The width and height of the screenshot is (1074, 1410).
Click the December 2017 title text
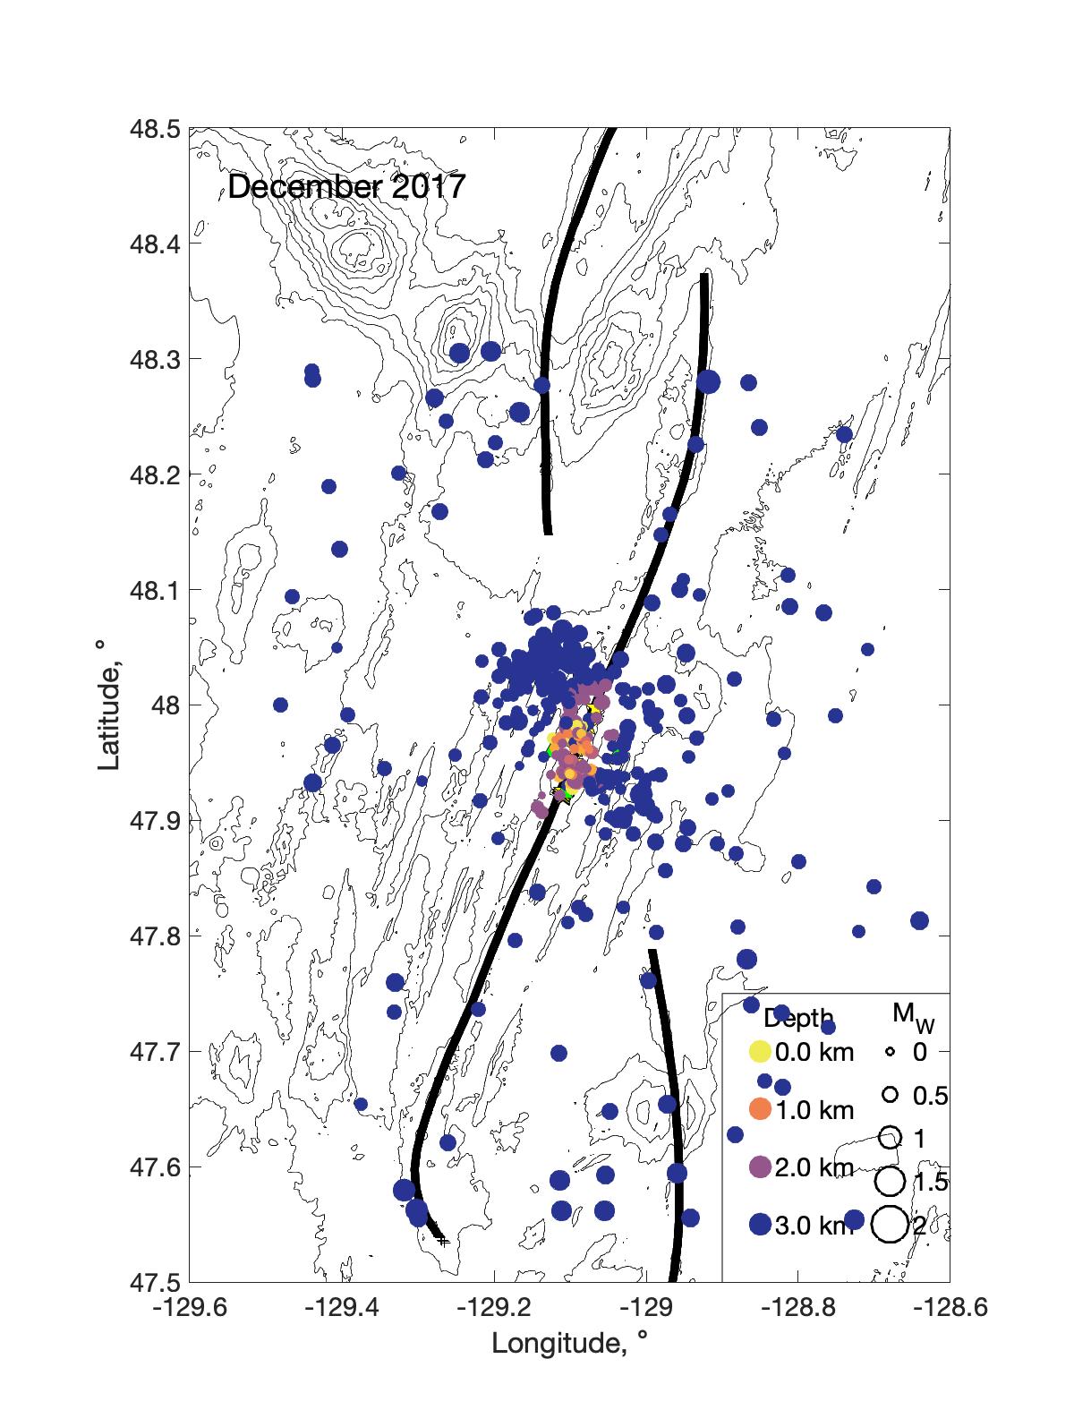[x=346, y=188]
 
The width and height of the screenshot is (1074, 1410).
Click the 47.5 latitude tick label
[x=157, y=1281]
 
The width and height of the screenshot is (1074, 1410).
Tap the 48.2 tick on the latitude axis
[x=157, y=474]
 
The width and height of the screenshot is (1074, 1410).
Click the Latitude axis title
[x=109, y=705]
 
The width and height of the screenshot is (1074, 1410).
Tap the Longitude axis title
[x=568, y=1343]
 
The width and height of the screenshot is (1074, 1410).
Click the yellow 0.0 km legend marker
[x=760, y=1052]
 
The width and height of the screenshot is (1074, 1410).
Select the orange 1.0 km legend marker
[x=760, y=1110]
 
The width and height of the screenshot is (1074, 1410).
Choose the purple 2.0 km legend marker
[x=760, y=1167]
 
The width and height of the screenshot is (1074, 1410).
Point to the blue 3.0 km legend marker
[x=760, y=1226]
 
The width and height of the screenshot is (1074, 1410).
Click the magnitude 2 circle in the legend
[x=891, y=1225]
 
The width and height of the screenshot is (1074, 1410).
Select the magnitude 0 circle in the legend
[x=891, y=1053]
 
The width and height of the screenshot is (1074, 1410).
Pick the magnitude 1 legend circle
[x=891, y=1138]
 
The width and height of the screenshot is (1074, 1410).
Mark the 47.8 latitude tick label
[x=157, y=936]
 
